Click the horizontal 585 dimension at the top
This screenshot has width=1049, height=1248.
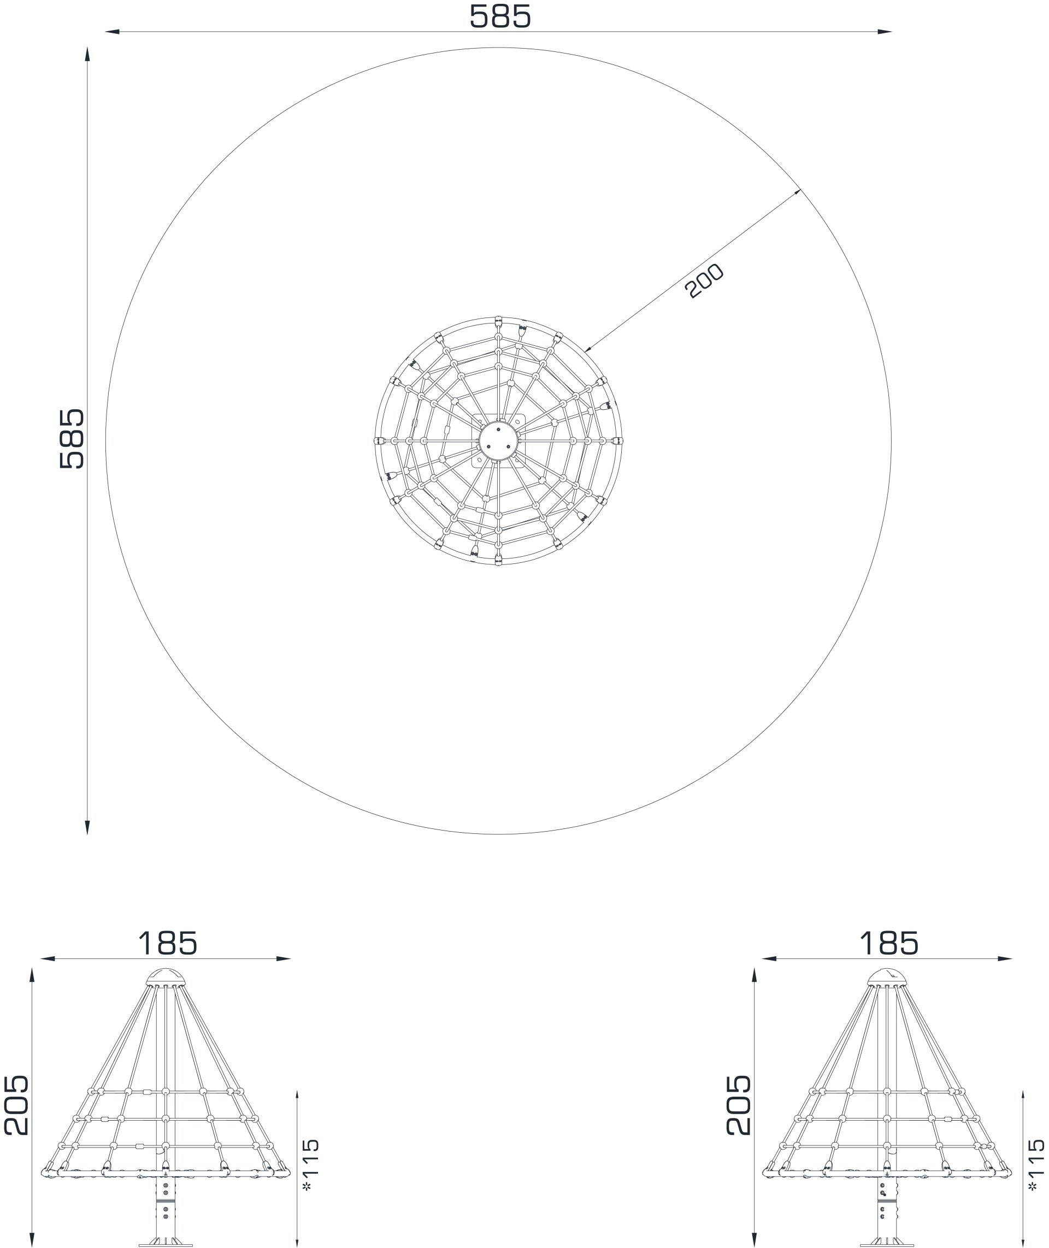[x=499, y=16]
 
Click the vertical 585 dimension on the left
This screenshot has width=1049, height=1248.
[x=73, y=439]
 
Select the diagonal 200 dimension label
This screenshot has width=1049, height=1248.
[x=704, y=281]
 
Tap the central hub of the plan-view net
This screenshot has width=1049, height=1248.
[x=498, y=440]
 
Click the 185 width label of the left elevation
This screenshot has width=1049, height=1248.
[x=167, y=944]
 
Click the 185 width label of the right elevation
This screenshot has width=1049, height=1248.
[x=889, y=944]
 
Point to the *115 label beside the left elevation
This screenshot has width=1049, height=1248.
[x=311, y=1165]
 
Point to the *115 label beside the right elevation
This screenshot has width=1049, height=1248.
[x=1035, y=1165]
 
